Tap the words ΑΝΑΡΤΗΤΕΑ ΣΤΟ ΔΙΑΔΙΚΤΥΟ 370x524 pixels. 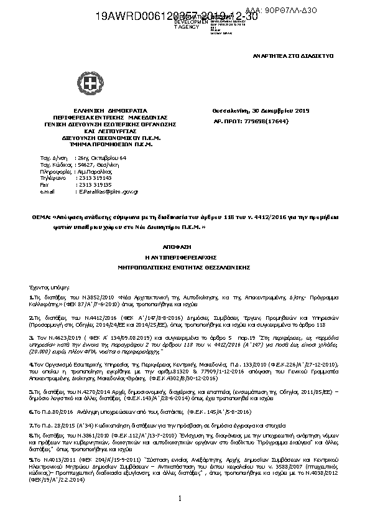(281, 55)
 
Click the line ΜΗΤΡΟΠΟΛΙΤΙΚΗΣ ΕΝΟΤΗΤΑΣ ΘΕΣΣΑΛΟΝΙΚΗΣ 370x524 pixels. (185, 266)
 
